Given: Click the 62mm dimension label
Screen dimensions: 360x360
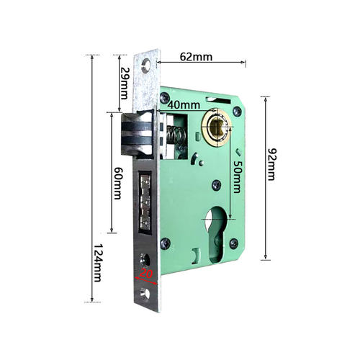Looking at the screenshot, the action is [x=196, y=57].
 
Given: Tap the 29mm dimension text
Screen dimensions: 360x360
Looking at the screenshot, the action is [x=125, y=84].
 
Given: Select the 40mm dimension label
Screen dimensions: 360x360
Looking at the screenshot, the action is [x=184, y=105].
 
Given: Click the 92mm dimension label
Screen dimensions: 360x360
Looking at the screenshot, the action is [x=272, y=164].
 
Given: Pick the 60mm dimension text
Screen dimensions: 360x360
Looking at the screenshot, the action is [x=117, y=183].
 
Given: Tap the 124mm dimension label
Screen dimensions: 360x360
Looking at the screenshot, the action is [x=98, y=263].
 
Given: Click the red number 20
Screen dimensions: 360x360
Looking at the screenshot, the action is [x=146, y=274].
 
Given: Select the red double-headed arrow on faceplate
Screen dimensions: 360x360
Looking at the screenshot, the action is [x=146, y=281].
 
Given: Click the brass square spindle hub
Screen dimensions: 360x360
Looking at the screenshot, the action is [x=217, y=127].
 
